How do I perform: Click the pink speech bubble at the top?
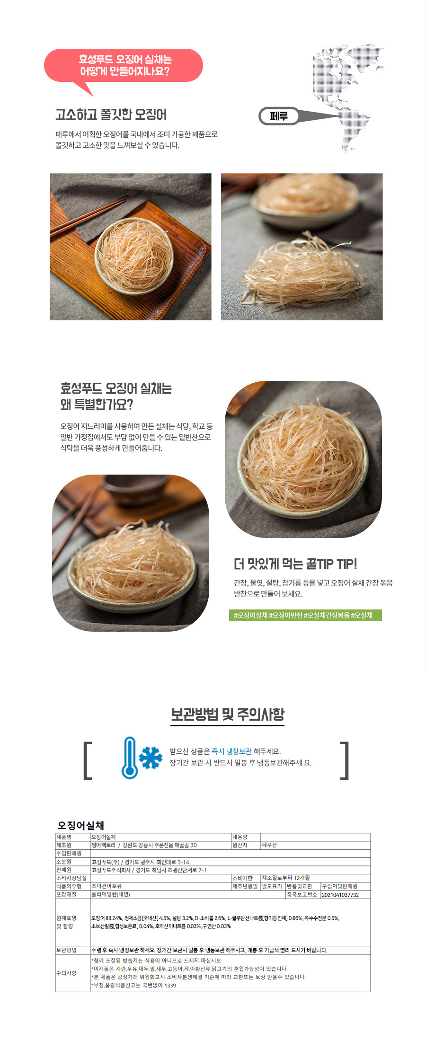coord(123,66)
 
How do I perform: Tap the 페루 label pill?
coord(279,116)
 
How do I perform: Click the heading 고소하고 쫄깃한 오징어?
coord(111,115)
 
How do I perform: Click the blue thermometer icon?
coord(129,758)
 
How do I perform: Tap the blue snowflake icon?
coord(151,758)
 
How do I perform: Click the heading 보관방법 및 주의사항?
coord(228,714)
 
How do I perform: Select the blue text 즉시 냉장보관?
coord(231,751)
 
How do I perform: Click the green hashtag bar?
coord(305,615)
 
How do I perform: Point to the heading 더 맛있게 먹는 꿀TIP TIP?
coord(295,564)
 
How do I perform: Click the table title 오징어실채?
coord(80,825)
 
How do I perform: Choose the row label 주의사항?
coord(66,973)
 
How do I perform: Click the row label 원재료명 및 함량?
coord(66,922)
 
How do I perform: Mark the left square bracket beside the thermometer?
coord(87,760)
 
